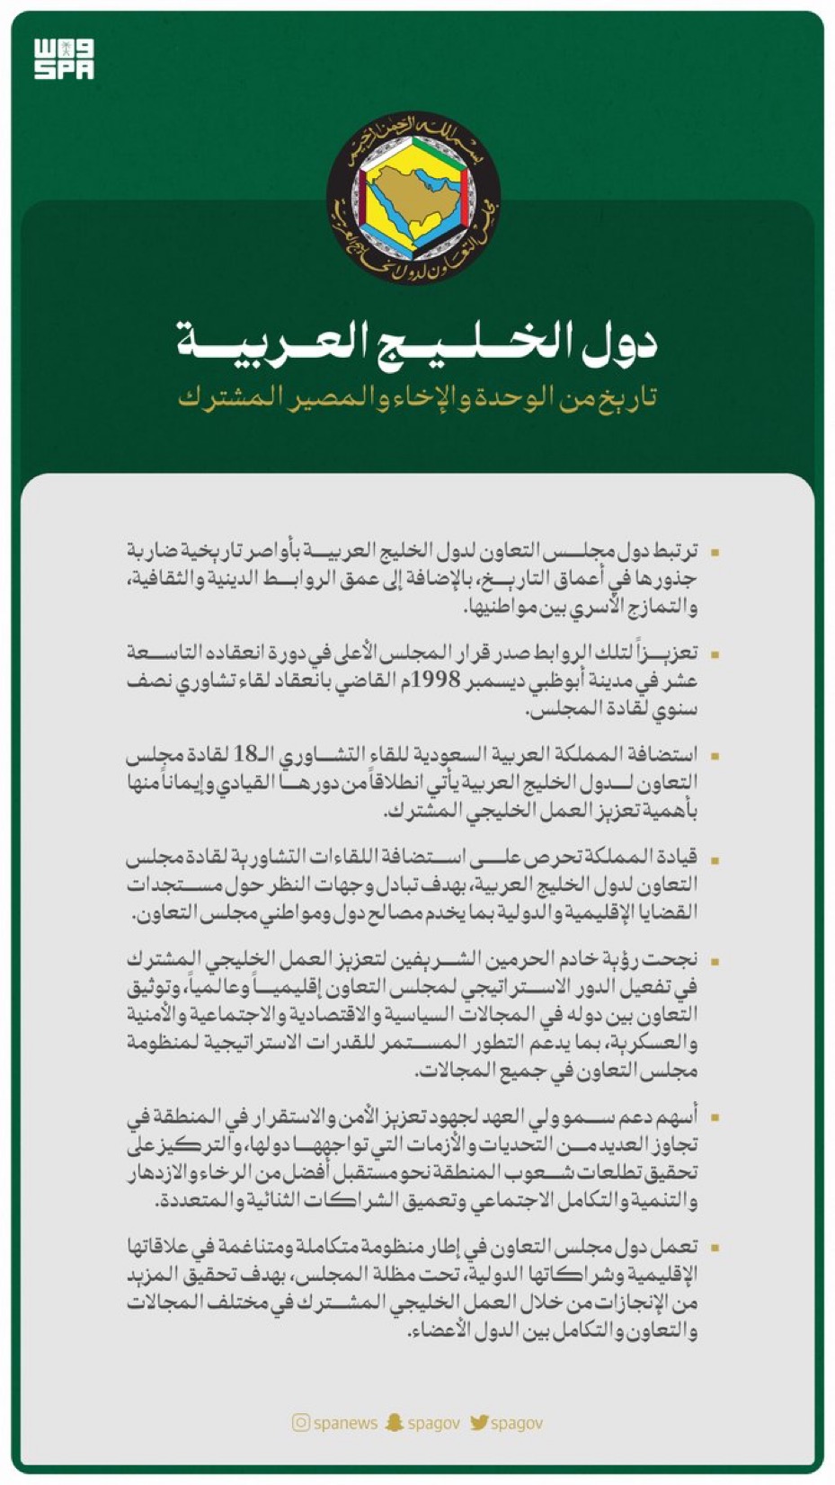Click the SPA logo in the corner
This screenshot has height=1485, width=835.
point(64,59)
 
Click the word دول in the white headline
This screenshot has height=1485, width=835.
point(621,341)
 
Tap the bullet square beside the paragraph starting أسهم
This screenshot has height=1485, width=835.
point(715,1117)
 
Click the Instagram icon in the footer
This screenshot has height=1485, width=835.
point(300,1422)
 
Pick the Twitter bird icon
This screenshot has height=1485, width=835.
point(478,1422)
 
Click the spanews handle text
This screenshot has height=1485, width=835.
point(345,1423)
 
